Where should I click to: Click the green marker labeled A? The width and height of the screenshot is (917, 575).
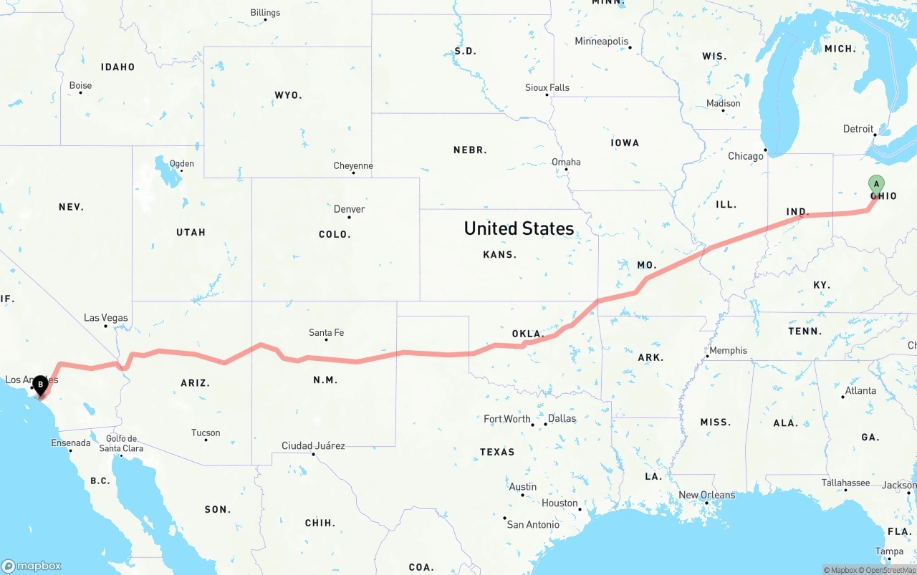click(x=876, y=185)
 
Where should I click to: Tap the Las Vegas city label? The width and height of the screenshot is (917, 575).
click(x=105, y=317)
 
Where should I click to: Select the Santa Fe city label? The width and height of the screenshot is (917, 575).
click(x=326, y=332)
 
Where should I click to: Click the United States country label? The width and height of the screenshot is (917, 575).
click(x=519, y=228)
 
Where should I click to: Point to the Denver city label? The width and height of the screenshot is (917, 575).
click(x=349, y=209)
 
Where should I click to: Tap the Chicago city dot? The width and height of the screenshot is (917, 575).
click(x=765, y=150)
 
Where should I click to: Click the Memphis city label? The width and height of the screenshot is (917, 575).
click(x=728, y=350)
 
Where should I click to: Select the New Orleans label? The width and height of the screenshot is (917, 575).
click(x=706, y=495)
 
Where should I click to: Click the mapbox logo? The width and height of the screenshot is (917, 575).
click(x=32, y=566)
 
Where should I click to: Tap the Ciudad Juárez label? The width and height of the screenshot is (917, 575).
click(x=313, y=445)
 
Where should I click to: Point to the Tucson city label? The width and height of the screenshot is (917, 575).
click(x=206, y=433)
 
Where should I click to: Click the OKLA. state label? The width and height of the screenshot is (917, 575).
click(x=528, y=334)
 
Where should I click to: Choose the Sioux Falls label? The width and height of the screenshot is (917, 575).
click(x=547, y=87)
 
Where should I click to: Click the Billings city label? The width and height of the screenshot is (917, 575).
click(x=265, y=12)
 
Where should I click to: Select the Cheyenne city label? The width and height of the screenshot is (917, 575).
click(x=353, y=165)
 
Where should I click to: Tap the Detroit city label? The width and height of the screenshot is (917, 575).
click(x=858, y=129)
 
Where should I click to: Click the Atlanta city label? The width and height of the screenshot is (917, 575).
click(x=860, y=390)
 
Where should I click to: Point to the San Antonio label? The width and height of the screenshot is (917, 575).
click(x=533, y=524)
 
